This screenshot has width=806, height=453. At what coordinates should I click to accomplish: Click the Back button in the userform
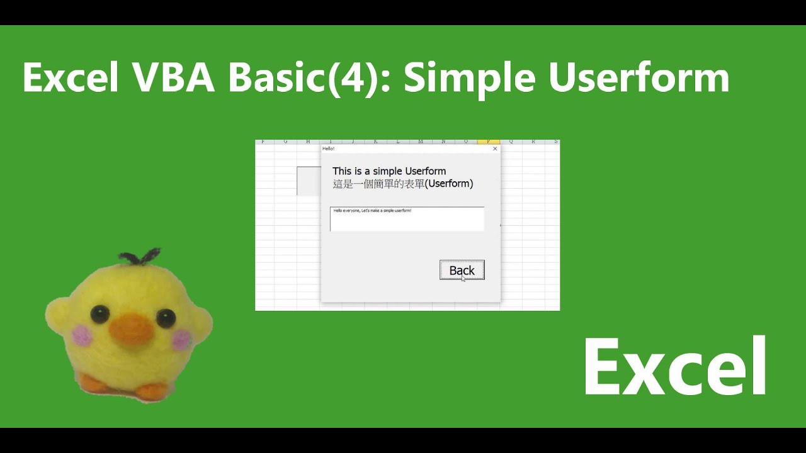[462, 270]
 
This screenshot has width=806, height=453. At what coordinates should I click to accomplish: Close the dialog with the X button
[495, 148]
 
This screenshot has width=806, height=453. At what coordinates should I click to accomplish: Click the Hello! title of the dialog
[328, 148]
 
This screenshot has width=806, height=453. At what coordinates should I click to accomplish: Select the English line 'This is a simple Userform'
[389, 171]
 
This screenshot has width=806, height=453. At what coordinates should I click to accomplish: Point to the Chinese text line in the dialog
[402, 184]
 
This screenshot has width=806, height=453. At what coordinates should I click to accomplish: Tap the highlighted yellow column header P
[488, 142]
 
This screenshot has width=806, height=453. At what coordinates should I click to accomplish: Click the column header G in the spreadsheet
[285, 142]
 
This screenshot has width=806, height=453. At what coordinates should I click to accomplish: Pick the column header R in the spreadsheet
[533, 142]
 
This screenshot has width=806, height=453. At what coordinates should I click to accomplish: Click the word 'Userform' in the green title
[639, 78]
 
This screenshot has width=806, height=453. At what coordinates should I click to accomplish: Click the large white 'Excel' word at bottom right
[675, 366]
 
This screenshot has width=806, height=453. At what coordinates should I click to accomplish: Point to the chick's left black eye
[98, 313]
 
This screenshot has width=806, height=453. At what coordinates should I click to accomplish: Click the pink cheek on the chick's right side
[181, 340]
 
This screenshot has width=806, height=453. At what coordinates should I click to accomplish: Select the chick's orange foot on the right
[152, 391]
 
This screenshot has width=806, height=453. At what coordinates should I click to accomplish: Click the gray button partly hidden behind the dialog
[309, 181]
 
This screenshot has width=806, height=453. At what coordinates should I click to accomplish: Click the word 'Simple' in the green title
[469, 78]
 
